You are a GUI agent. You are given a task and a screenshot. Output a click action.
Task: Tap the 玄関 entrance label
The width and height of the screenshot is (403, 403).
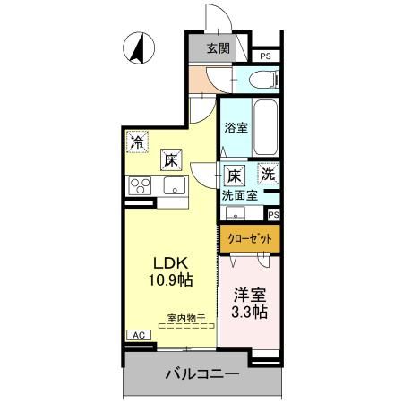point(218,49)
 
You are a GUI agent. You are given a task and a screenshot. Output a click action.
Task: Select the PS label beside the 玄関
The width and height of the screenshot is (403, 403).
point(265,56)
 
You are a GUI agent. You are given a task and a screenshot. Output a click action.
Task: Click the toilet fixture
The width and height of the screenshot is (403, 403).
point(261,80)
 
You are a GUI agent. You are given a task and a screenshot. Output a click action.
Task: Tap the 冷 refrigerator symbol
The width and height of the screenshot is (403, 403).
point(138,141)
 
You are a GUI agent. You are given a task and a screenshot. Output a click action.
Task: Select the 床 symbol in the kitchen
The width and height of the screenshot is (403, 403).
point(171,160)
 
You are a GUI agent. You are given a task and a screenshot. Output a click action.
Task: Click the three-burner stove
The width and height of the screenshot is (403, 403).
point(141,185)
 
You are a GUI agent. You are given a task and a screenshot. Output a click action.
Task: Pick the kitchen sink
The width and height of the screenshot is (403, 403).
point(174,186)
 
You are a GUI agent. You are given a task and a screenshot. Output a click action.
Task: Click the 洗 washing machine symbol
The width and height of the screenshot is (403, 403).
point(268,173)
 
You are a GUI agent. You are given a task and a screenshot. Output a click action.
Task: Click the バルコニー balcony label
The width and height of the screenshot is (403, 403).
point(201,373)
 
